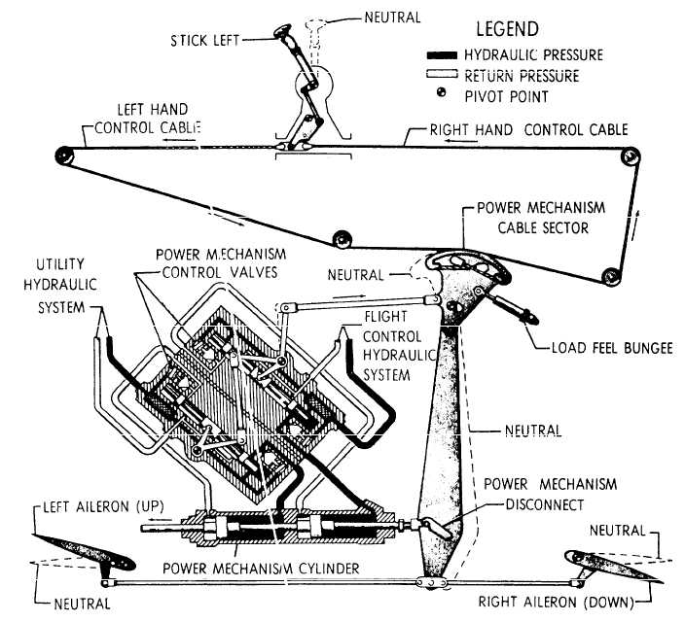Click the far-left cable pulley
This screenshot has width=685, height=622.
coord(63,154)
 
